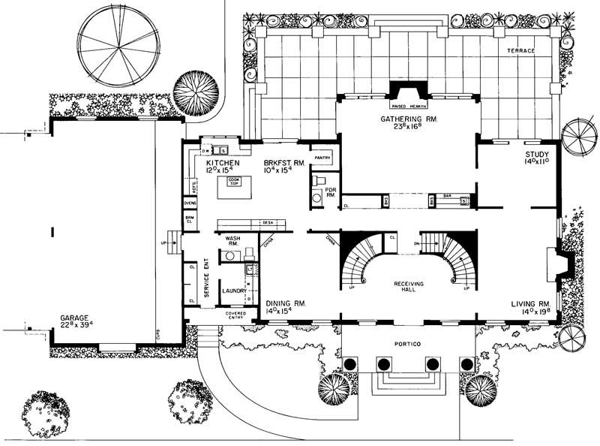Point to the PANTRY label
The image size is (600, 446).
point(323,158)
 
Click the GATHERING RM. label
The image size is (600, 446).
point(408,119)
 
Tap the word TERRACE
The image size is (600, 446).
point(519,50)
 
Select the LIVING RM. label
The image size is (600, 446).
point(530,304)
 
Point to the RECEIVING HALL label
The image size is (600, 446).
point(409,287)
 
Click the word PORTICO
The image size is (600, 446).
point(408,343)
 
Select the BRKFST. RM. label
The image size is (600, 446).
point(283,162)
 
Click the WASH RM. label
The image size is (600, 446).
point(233,241)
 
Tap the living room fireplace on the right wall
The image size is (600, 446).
point(561,264)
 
